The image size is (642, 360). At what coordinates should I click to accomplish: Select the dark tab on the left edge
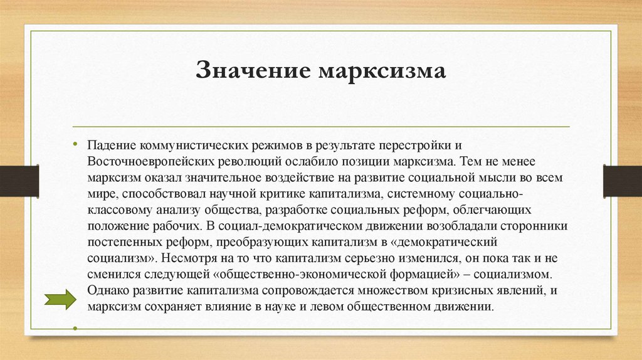click(x=19, y=181)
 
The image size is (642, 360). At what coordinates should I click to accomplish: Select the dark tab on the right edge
click(x=622, y=181)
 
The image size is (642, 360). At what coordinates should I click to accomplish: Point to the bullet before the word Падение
click(x=75, y=144)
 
